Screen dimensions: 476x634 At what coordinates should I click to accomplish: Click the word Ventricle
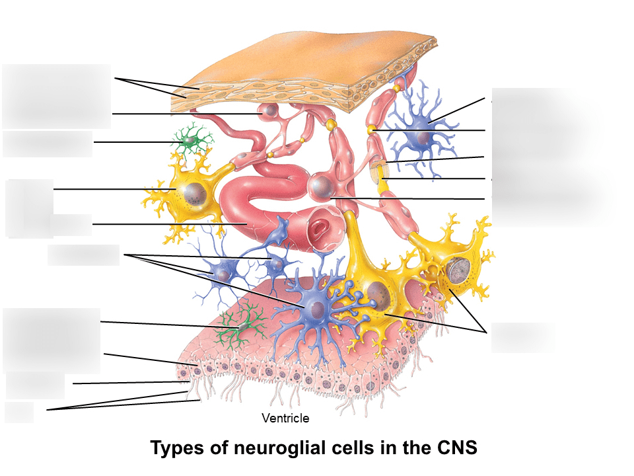(x=285, y=418)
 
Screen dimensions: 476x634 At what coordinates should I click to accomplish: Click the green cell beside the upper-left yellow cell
(x=190, y=140)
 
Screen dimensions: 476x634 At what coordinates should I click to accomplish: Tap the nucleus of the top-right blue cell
(x=417, y=138)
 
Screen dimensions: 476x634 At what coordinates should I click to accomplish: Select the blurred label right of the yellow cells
(x=522, y=337)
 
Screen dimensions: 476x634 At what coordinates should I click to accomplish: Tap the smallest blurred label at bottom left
(x=18, y=412)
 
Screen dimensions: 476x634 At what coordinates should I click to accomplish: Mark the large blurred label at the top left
(x=56, y=96)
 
